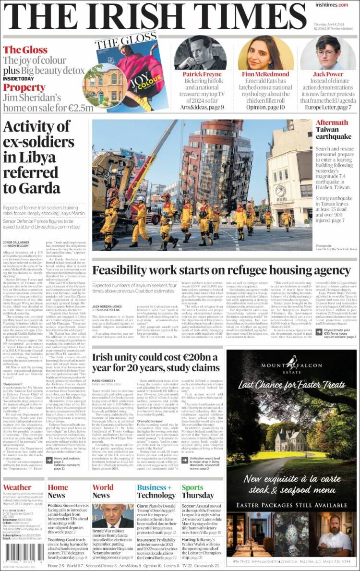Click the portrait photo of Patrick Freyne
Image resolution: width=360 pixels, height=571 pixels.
tap(200, 53)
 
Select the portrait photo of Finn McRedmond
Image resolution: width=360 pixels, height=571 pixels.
tap(265, 53)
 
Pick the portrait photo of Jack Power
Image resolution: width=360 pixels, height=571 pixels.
tap(328, 53)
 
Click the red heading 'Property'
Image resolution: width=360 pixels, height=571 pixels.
tap(24, 87)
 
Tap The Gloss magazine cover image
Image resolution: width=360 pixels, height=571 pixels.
tap(126, 72)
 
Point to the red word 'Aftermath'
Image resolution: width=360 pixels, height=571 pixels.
tap(332, 123)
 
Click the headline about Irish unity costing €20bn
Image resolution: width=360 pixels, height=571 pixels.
tap(156, 363)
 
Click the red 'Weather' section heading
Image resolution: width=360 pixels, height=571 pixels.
tap(17, 487)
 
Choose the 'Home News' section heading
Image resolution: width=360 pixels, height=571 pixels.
tap(58, 491)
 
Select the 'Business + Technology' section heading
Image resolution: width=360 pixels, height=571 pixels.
tap(156, 491)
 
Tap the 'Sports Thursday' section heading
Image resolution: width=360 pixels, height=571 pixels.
tap(197, 491)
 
